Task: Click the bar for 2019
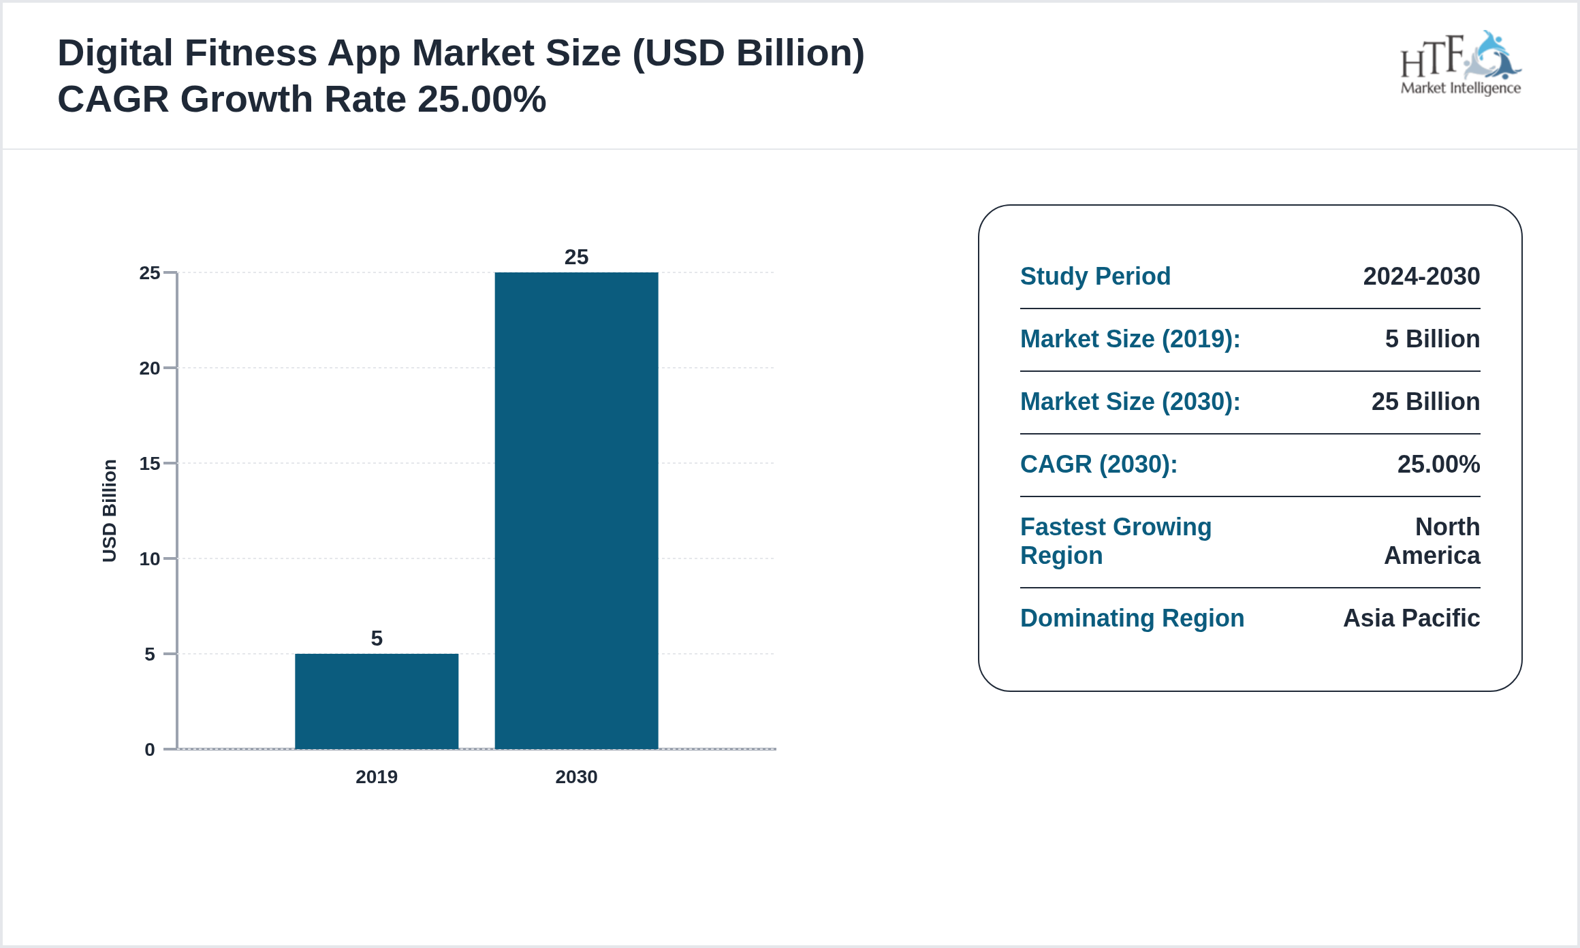click(377, 701)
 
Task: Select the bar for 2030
click(576, 510)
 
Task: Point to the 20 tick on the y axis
click(150, 368)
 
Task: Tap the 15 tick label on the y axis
click(150, 464)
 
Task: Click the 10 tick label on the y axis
click(150, 559)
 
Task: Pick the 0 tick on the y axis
click(150, 750)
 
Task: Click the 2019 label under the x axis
click(377, 777)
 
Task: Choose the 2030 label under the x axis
click(576, 777)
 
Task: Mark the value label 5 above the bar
click(377, 638)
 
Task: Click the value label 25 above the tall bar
click(576, 257)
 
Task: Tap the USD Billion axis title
click(110, 511)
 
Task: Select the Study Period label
click(1095, 276)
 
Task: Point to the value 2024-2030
click(1421, 276)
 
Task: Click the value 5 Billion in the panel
click(1432, 339)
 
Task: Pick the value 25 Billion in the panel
click(1425, 402)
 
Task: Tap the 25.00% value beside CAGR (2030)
click(1438, 464)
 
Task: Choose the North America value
click(1432, 541)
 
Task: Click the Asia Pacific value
click(1411, 618)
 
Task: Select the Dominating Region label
click(1132, 618)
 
